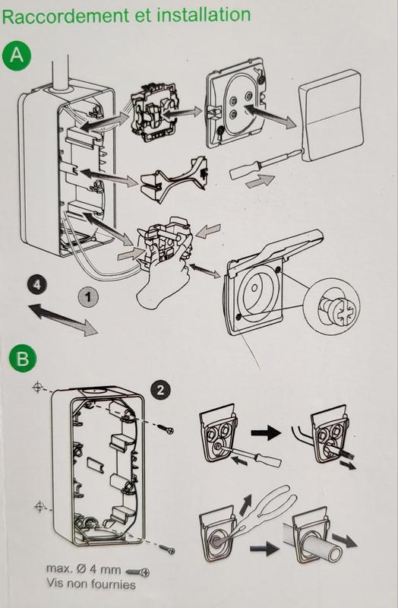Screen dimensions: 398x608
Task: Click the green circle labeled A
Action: tap(16, 55)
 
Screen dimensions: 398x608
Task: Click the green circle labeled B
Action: tap(23, 358)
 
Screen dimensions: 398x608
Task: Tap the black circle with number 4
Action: tap(36, 284)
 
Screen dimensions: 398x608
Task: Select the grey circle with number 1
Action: tap(88, 297)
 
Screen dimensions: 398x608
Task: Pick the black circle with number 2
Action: tap(160, 390)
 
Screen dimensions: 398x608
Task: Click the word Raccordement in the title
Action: tap(66, 16)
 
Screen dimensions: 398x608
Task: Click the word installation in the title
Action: tap(204, 14)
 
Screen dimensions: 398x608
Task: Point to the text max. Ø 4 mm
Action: tap(84, 569)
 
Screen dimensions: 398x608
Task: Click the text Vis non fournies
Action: tap(91, 584)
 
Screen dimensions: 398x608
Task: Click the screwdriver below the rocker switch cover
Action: tap(266, 163)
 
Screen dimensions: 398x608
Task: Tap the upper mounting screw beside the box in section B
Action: tap(166, 429)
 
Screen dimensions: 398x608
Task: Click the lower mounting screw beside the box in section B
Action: tap(167, 549)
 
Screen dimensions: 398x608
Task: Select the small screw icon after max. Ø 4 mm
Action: tap(137, 572)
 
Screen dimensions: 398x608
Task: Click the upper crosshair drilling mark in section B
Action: tap(37, 387)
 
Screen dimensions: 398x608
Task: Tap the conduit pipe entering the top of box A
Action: tap(59, 73)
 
